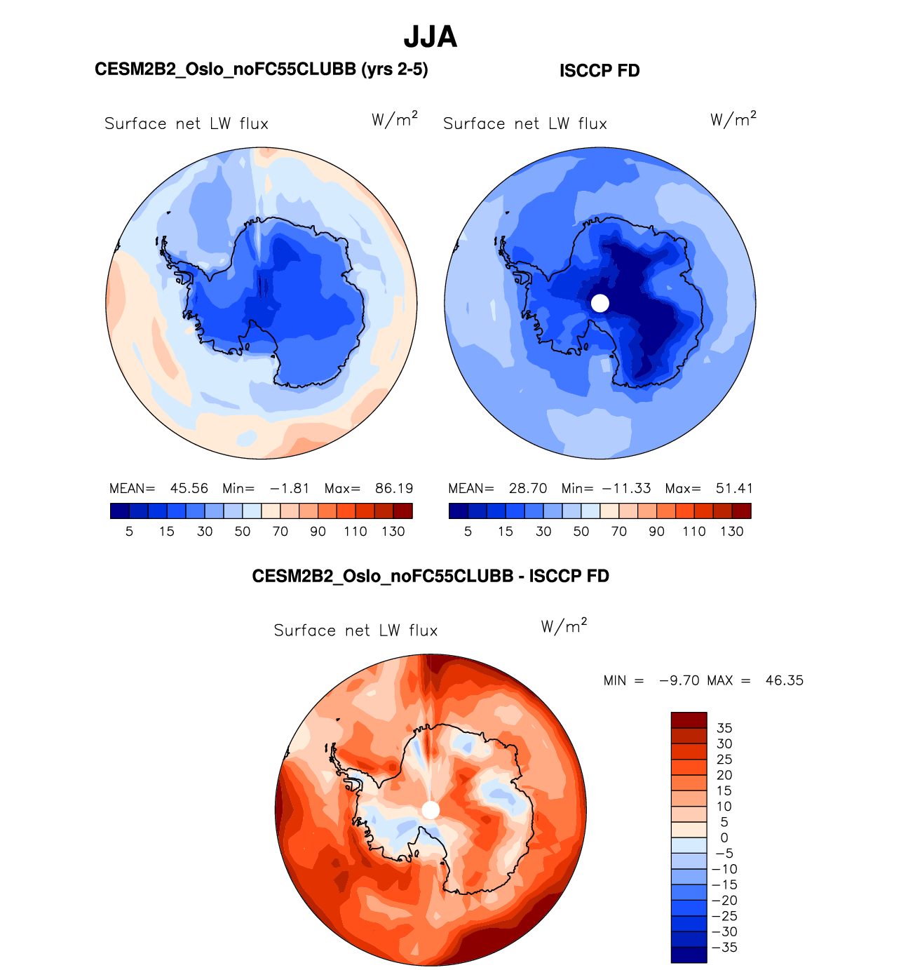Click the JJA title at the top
(431, 37)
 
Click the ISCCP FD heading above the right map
(599, 71)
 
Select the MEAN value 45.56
(189, 488)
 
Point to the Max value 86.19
(394, 488)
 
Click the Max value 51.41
(734, 488)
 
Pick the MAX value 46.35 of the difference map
(785, 680)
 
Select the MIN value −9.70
(679, 680)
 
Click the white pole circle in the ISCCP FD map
(600, 303)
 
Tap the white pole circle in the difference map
(431, 810)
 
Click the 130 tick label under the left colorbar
(393, 531)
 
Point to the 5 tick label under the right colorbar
(468, 531)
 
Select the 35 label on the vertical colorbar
(724, 728)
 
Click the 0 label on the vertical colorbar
(724, 837)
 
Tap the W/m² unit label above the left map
(395, 120)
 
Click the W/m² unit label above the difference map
(564, 626)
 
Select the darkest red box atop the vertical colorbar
(689, 720)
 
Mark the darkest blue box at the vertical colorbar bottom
(689, 955)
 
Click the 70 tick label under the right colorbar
(618, 531)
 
